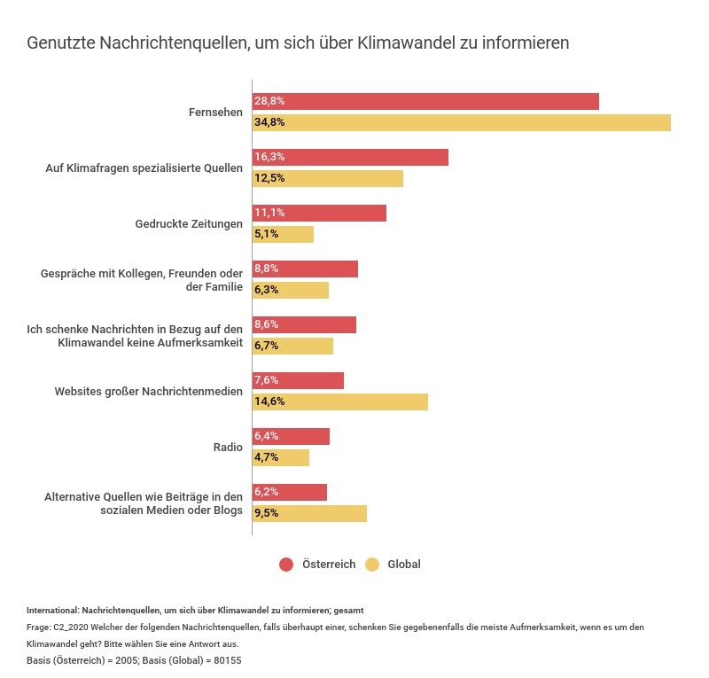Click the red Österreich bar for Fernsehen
(425, 101)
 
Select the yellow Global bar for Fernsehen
(461, 122)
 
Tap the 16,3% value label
(269, 157)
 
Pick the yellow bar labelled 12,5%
(328, 178)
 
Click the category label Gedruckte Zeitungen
(189, 223)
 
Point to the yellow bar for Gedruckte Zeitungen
(284, 234)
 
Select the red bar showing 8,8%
(305, 269)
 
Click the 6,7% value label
(267, 346)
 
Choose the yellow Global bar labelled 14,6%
(340, 401)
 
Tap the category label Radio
(228, 448)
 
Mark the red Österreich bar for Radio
(291, 436)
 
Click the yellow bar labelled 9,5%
(309, 513)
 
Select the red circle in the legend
(286, 565)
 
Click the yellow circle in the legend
(372, 565)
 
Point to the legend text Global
(404, 565)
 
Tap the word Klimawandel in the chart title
(407, 43)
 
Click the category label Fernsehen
(215, 113)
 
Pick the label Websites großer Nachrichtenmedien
(148, 391)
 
